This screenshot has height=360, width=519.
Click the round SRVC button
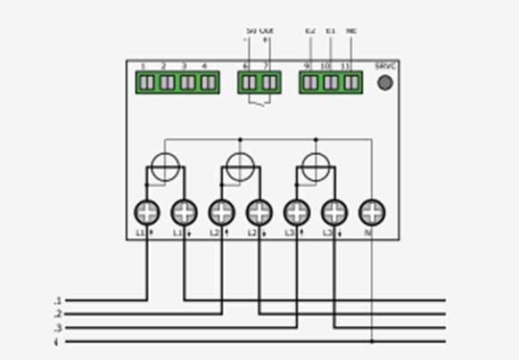coord(384,83)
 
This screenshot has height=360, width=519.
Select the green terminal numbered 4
coord(208,83)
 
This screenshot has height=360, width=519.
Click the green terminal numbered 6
coord(249,83)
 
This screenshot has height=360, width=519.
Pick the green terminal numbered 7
coord(268,83)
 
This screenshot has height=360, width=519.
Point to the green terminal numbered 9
coord(310,83)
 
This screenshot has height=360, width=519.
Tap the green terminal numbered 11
coord(351,83)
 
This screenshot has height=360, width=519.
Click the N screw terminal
coord(372,212)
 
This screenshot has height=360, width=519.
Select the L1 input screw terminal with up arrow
coord(147,212)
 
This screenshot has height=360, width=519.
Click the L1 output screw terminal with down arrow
coord(184,212)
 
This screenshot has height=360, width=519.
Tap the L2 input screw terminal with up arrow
coord(222,212)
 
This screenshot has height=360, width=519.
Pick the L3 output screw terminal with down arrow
coord(334,212)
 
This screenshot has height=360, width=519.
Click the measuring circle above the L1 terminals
coord(165,166)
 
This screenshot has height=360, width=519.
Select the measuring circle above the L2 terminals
coord(240,166)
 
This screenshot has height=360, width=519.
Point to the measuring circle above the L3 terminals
coord(316,166)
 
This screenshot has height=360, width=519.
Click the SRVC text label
coord(385,67)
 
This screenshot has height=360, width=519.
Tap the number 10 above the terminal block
coord(325,67)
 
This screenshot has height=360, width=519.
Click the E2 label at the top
coord(310,31)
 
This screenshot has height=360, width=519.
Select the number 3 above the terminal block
coord(184,67)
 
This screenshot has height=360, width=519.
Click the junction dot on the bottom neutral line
coord(372,341)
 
